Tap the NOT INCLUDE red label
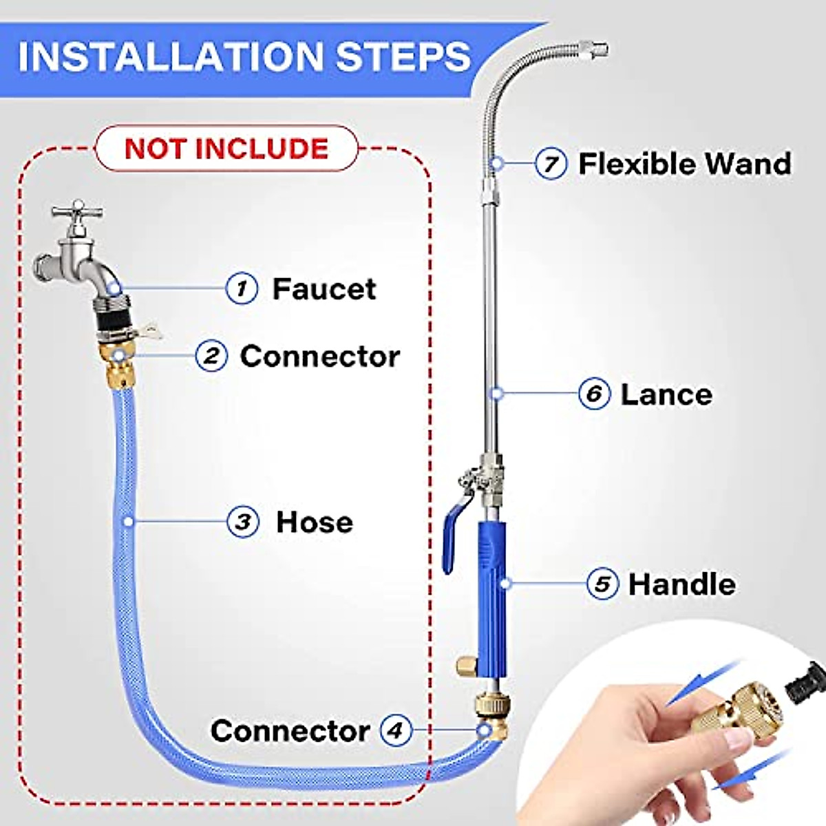[x=226, y=149]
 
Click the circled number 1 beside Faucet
[x=242, y=288]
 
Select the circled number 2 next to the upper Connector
[x=211, y=356]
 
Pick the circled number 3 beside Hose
[x=243, y=522]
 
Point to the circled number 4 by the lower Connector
[x=395, y=730]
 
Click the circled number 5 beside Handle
[x=602, y=584]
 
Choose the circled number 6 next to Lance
[x=594, y=394]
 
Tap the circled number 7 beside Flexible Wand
[x=551, y=164]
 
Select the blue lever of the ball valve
[x=452, y=537]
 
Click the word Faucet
[x=324, y=288]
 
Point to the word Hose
[x=315, y=522]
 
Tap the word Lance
[x=666, y=394]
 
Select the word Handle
[x=681, y=584]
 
